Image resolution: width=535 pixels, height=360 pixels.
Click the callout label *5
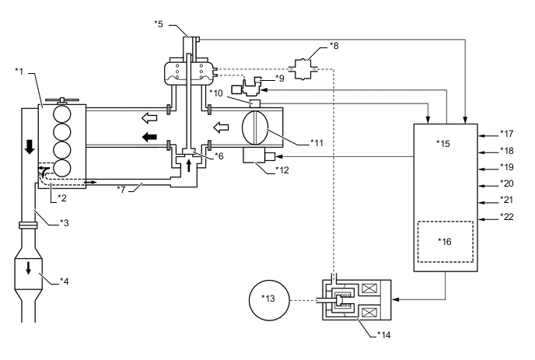(159, 24)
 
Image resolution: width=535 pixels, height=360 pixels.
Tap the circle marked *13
(269, 300)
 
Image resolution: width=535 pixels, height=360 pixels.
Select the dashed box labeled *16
(446, 242)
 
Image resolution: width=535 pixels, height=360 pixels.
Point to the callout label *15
(443, 144)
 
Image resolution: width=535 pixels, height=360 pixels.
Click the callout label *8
(334, 45)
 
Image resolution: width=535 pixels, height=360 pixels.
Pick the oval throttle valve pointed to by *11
(255, 128)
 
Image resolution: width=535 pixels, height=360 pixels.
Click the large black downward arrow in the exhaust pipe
(30, 146)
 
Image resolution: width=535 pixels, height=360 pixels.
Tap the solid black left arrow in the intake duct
(149, 137)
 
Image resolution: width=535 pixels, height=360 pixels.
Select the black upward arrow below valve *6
(189, 166)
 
